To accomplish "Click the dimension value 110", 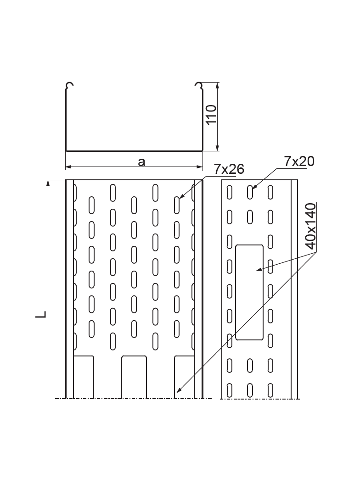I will click(x=211, y=115).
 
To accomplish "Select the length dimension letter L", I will click(x=42, y=314).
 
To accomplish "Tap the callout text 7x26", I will click(x=229, y=169).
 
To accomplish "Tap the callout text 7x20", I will click(x=299, y=161).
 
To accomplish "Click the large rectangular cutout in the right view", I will click(x=249, y=292).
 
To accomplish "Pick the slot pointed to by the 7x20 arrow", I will click(x=250, y=192).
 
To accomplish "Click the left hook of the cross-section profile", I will click(x=69, y=86).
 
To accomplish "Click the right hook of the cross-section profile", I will click(x=199, y=86).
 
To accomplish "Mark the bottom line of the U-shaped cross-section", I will click(x=134, y=150).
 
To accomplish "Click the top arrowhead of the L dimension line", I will click(x=48, y=183).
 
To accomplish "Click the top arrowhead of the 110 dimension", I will click(x=217, y=86).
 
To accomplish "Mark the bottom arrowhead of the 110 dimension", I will click(x=217, y=147).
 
